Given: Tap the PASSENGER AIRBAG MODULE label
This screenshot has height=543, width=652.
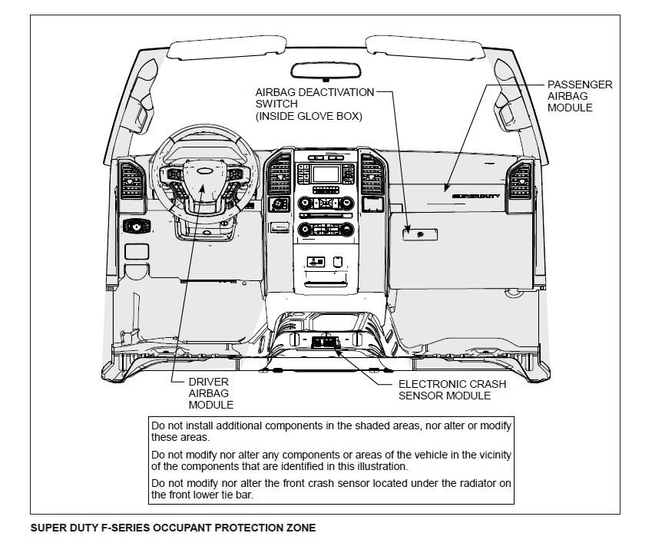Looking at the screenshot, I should pyautogui.click(x=579, y=96).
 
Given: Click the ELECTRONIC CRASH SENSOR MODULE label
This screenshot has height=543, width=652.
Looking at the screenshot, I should pyautogui.click(x=444, y=389).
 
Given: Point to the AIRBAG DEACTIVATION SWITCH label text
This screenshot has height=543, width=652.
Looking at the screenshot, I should pyautogui.click(x=315, y=104).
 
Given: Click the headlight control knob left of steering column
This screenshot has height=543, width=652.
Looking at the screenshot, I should pyautogui.click(x=136, y=226).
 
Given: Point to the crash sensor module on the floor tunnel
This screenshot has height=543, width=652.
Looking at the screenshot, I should pyautogui.click(x=326, y=341).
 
